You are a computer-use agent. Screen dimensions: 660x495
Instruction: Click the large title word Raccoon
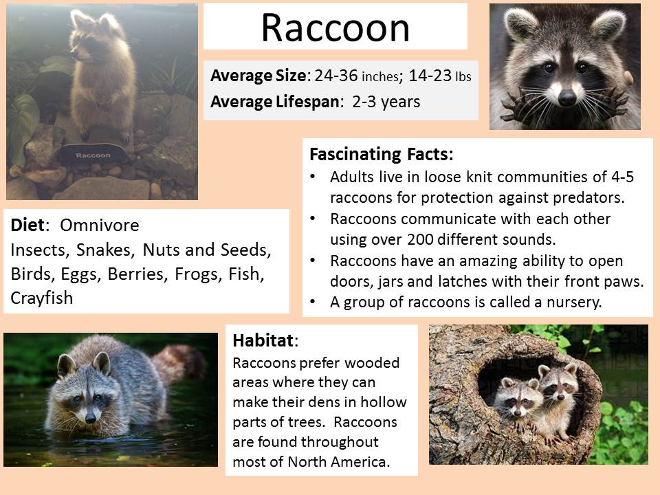[x=335, y=27]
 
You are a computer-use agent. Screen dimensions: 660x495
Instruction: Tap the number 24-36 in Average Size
[x=336, y=76]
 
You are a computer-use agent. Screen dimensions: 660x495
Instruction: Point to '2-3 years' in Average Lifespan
[x=386, y=102]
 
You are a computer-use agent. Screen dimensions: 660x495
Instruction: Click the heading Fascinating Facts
[x=382, y=154]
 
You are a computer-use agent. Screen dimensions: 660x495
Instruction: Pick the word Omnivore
[x=99, y=225]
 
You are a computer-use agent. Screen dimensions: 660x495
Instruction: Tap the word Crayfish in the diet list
[x=42, y=298]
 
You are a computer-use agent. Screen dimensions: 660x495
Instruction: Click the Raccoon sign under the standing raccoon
[x=93, y=155]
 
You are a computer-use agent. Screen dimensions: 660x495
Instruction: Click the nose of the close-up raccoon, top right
[x=566, y=98]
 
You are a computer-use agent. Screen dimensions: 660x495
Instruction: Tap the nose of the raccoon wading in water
[x=91, y=418]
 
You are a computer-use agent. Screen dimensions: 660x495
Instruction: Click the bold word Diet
[x=27, y=225]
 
